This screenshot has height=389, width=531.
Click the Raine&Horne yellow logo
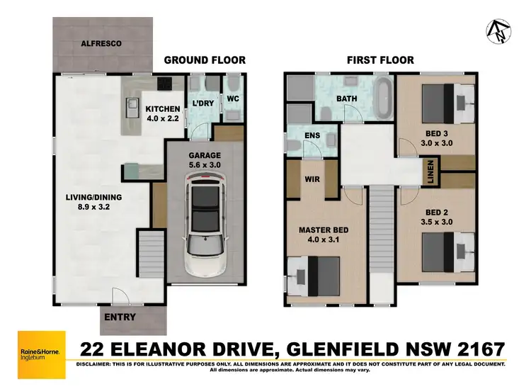(41, 354)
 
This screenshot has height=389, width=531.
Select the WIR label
(312, 179)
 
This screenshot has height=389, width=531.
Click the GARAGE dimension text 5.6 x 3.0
(205, 165)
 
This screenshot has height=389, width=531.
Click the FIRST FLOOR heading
(379, 60)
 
